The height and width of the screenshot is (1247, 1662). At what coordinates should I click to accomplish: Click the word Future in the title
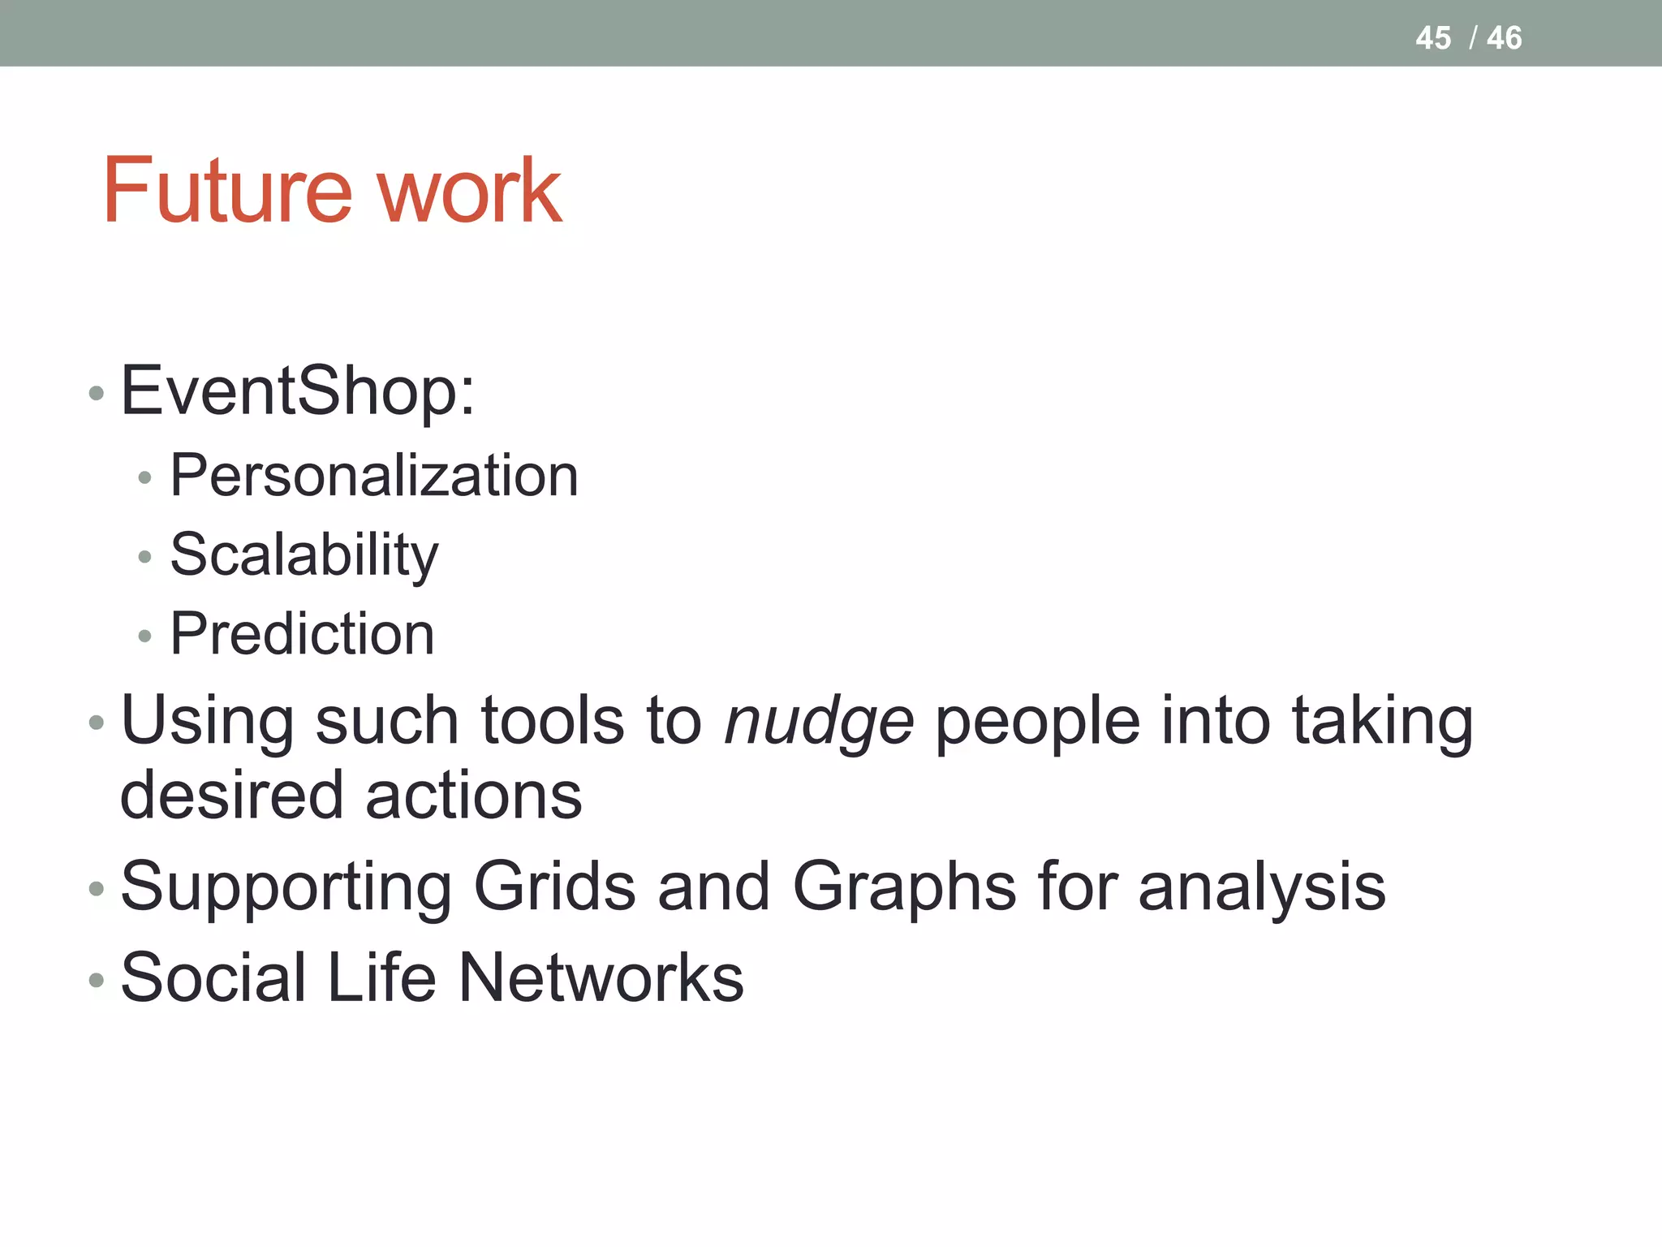point(227,191)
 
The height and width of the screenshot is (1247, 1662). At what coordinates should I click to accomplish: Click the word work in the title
point(470,191)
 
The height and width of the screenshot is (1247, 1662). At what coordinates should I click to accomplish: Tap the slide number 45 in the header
point(1432,38)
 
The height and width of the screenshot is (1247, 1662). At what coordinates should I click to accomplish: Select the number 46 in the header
point(1504,38)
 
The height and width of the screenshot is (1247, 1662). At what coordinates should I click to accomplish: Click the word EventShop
point(296,391)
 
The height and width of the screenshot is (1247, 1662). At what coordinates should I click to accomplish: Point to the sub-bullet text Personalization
point(374,476)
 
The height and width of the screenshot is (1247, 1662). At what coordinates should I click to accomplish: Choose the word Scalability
point(304,556)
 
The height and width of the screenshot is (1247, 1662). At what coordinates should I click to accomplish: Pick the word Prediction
point(302,634)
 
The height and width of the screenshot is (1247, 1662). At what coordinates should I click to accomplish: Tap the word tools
point(552,721)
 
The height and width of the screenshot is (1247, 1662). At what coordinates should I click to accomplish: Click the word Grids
point(554,887)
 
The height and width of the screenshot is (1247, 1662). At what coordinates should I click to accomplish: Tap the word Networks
point(601,978)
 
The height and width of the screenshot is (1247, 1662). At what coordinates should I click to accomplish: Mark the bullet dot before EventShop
point(97,394)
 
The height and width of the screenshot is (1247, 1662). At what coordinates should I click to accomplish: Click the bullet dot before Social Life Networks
point(97,981)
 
